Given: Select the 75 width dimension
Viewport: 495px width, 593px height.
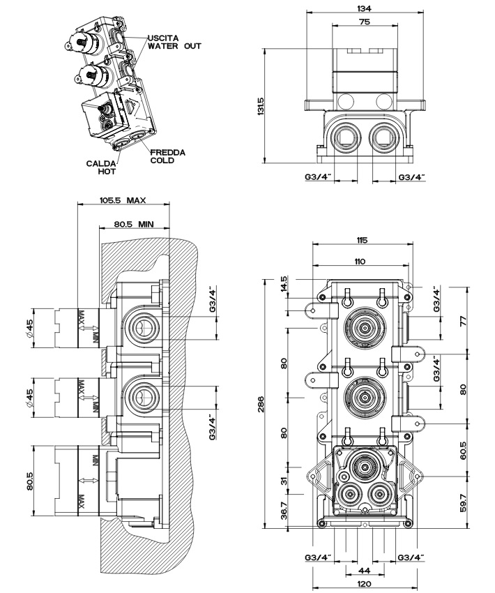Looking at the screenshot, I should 363,22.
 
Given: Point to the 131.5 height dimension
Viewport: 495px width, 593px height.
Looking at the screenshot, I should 260,106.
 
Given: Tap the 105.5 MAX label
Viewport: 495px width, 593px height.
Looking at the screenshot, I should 123,200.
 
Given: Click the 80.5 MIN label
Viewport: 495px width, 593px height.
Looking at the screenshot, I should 133,225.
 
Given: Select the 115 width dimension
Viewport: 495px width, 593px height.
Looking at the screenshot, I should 361,241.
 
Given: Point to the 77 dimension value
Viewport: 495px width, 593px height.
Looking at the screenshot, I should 463,321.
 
